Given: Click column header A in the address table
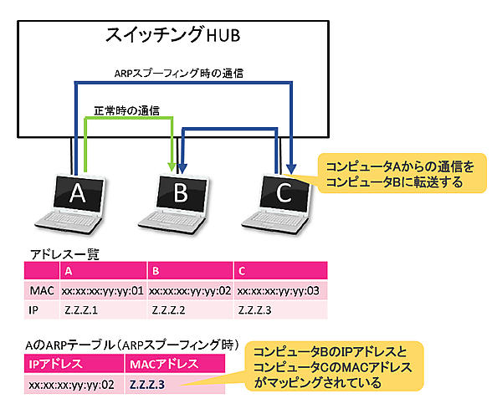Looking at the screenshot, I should [69, 271].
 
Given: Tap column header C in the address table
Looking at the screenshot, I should [243, 271].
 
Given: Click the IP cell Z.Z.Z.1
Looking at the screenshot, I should [80, 310].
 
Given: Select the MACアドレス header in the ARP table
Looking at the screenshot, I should [164, 364].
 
